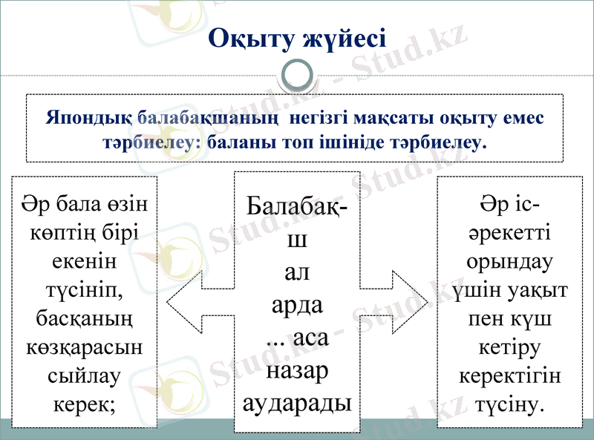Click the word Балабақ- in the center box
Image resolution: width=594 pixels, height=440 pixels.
coord(297,207)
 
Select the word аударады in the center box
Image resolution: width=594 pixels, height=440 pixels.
coord(297,403)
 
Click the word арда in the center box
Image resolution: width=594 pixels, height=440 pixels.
coord(297,305)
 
